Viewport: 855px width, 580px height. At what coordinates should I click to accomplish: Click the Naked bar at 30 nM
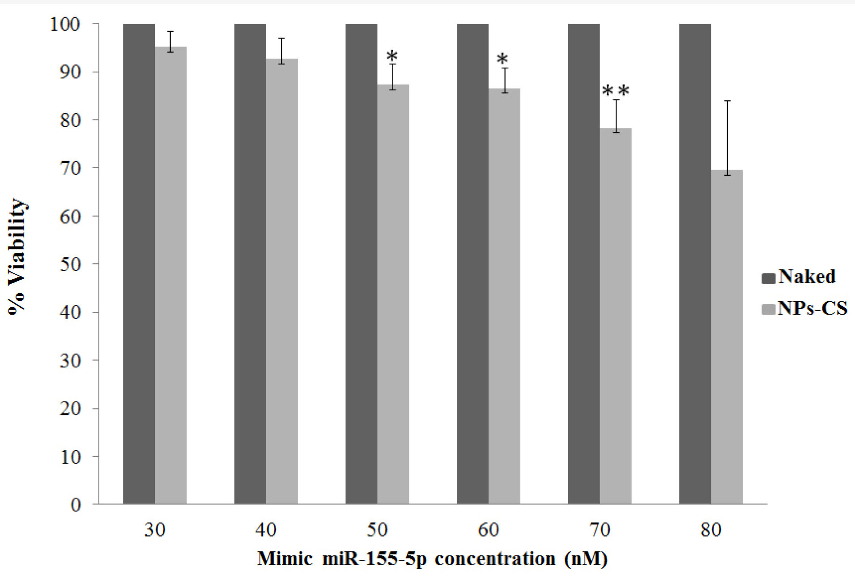click(x=139, y=264)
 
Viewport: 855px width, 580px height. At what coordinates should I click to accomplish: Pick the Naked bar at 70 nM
click(x=583, y=264)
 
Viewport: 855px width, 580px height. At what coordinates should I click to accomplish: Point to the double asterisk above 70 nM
click(x=616, y=91)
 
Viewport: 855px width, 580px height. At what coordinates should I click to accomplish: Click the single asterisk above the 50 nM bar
click(x=392, y=57)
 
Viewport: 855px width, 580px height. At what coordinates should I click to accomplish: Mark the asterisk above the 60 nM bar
click(x=503, y=59)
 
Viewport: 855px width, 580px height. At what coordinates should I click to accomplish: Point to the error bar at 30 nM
click(x=170, y=41)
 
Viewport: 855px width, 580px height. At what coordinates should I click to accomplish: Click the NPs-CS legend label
click(x=812, y=308)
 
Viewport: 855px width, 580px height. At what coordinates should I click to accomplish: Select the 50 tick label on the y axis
click(x=70, y=264)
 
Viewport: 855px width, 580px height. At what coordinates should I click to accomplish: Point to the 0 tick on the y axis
click(x=76, y=505)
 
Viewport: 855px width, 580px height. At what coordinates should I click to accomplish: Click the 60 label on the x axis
click(x=488, y=530)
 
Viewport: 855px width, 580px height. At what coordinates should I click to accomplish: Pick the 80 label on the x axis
click(x=711, y=530)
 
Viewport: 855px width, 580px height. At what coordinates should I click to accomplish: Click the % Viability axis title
click(x=18, y=257)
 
